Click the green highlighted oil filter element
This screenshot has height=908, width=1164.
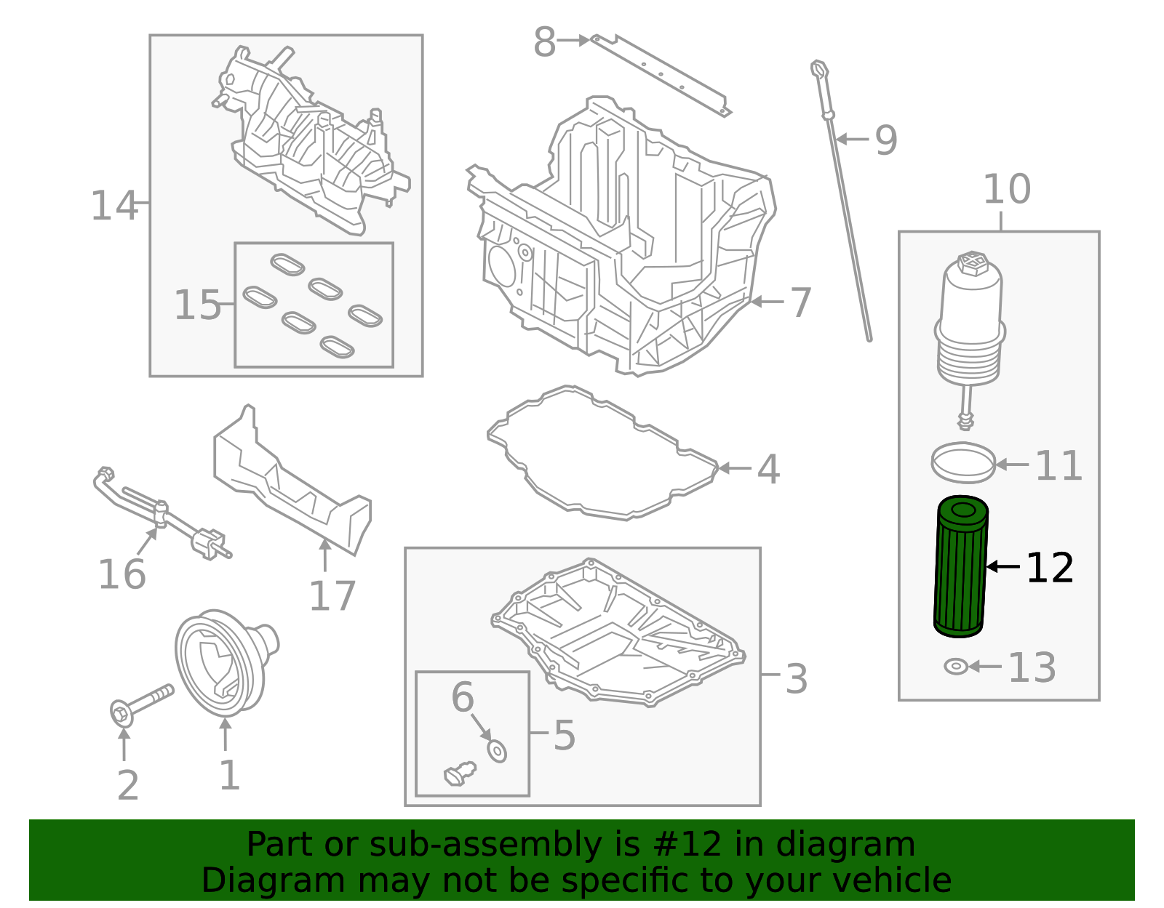[x=960, y=567]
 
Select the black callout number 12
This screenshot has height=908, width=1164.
[x=1050, y=568]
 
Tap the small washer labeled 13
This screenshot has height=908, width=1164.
[x=955, y=666]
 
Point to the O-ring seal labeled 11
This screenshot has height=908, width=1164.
[x=963, y=462]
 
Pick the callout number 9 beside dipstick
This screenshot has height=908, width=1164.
[x=885, y=140]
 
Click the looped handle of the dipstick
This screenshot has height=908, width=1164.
[x=820, y=69]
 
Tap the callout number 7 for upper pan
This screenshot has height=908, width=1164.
[x=800, y=302]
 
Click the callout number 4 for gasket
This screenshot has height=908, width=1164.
[x=768, y=469]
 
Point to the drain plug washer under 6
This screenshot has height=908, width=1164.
[x=497, y=751]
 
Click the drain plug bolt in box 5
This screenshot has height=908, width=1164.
[x=459, y=773]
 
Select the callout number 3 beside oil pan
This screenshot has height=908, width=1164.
[x=797, y=678]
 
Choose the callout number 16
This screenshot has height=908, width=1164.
[x=121, y=574]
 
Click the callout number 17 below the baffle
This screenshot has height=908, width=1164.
[x=332, y=595]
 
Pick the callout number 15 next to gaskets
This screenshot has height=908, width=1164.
[x=196, y=305]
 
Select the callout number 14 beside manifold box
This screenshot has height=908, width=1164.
[x=113, y=206]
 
